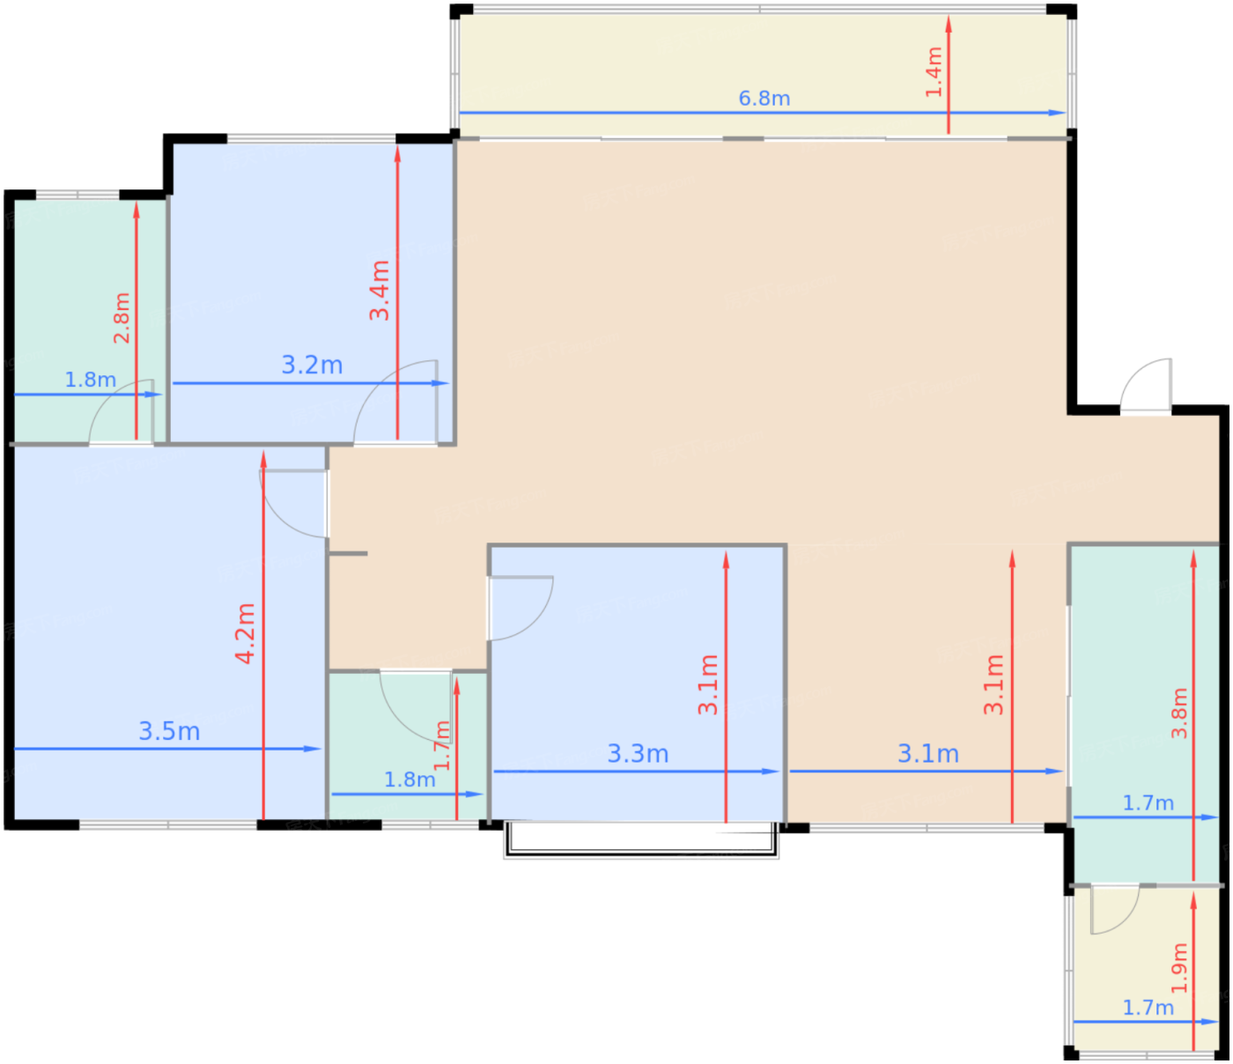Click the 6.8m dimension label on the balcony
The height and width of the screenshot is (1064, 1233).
pyautogui.click(x=764, y=99)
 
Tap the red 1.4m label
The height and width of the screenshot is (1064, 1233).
pyautogui.click(x=934, y=71)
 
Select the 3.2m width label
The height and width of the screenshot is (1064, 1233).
pyautogui.click(x=312, y=365)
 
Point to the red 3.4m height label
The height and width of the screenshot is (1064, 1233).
pyautogui.click(x=380, y=290)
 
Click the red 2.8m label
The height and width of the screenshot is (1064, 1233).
pyautogui.click(x=122, y=317)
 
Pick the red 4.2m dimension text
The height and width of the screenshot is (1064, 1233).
pyautogui.click(x=245, y=634)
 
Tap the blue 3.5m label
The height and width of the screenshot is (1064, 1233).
pyautogui.click(x=169, y=731)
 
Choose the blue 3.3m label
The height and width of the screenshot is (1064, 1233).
pyautogui.click(x=638, y=754)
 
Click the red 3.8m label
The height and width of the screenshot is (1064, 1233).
pyautogui.click(x=1179, y=713)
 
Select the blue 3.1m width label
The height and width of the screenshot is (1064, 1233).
pyautogui.click(x=928, y=754)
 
